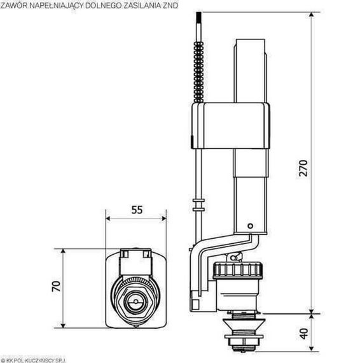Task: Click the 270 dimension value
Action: point(303,168)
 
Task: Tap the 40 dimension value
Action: point(304,334)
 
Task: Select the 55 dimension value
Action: point(137,210)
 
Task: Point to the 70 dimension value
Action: point(56,286)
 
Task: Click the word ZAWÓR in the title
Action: point(14,5)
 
